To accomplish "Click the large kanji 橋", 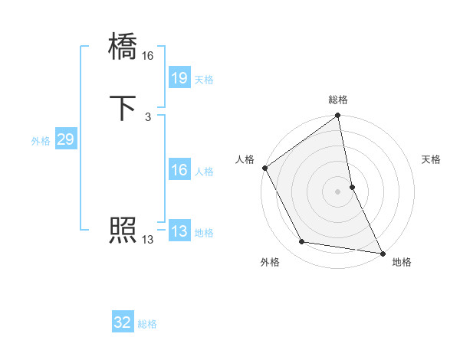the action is (123, 47).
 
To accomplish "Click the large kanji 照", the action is (123, 230).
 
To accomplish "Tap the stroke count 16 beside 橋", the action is (148, 56).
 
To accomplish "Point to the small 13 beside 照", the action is (147, 240).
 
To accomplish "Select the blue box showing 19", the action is (179, 77).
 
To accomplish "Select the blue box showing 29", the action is (65, 139).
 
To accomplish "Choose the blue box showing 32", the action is (123, 322).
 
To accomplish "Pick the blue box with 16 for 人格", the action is (179, 170).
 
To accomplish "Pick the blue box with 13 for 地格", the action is (179, 231).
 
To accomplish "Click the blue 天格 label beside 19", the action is (204, 80).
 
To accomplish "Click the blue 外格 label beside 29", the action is (41, 141).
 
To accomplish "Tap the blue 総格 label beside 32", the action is (147, 324).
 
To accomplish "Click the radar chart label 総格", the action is (338, 100).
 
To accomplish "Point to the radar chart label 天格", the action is (432, 159).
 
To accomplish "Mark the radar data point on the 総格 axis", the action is (338, 116).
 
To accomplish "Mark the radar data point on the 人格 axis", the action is (265, 168).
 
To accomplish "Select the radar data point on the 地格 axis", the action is (382, 252).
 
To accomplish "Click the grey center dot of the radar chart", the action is (338, 191).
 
